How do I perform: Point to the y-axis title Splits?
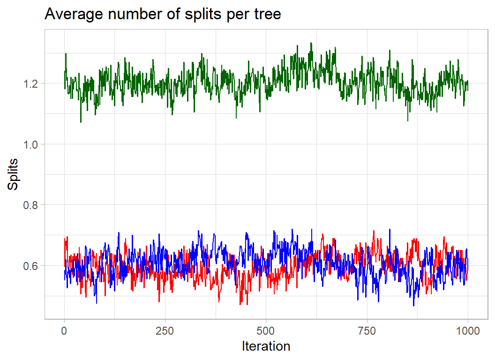click(14, 174)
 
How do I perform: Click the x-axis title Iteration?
click(266, 346)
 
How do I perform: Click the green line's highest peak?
click(311, 43)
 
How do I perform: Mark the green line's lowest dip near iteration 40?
click(81, 122)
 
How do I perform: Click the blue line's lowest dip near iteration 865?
click(413, 306)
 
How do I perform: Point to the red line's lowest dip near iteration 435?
click(240, 305)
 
